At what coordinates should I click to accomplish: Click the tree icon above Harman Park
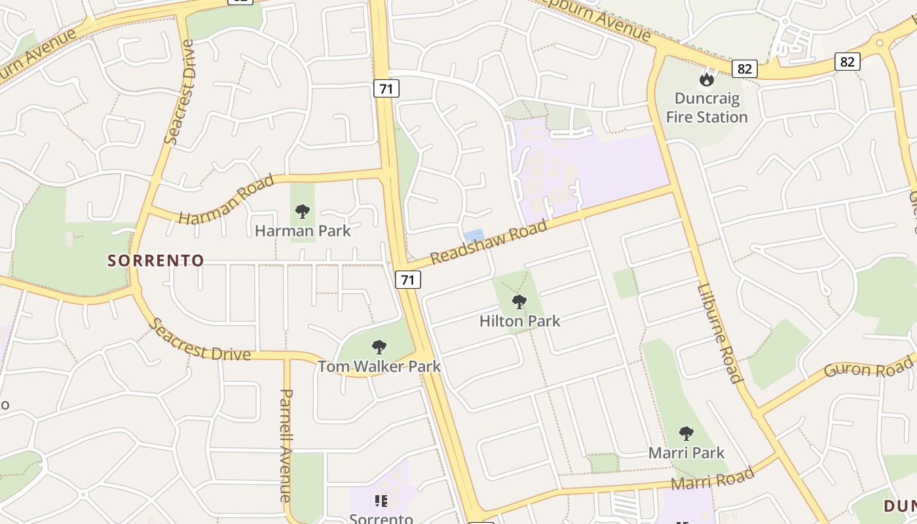302,212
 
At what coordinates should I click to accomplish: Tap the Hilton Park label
520,321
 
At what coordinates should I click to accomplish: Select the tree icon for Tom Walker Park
379,347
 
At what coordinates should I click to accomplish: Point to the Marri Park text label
686,453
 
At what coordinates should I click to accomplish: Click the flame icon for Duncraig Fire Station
706,79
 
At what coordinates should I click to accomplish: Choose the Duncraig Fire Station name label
707,108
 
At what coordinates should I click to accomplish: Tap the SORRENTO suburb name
156,261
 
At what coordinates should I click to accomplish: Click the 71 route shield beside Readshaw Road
407,280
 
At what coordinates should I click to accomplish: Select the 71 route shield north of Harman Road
386,88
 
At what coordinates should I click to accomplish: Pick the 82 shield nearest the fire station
745,69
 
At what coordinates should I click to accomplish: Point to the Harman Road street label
226,199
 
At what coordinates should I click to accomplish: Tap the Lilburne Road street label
720,333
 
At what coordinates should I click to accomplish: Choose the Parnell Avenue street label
286,445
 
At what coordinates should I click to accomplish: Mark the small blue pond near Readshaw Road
474,234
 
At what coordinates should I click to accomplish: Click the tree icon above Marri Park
686,433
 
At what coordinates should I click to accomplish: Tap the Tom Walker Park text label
379,366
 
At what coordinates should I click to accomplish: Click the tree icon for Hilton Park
519,302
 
